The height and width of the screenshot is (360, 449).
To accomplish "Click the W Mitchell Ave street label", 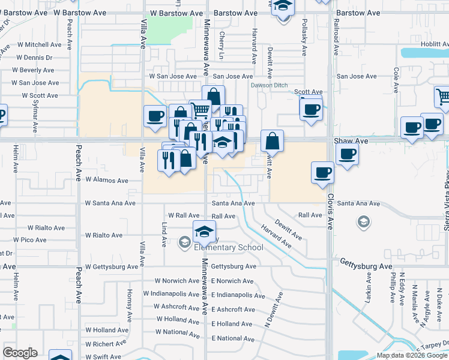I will (40, 44).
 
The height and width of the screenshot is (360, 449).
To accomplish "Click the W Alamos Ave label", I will (107, 180).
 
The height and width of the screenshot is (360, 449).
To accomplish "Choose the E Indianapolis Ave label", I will (238, 295).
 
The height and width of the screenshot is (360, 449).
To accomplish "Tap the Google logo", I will (20, 353).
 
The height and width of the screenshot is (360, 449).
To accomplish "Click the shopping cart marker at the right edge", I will (442, 97).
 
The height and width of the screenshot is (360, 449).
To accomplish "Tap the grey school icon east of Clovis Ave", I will (363, 223).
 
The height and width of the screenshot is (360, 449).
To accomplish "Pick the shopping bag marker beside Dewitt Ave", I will (272, 141).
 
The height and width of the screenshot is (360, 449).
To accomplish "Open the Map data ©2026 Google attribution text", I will (412, 355).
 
